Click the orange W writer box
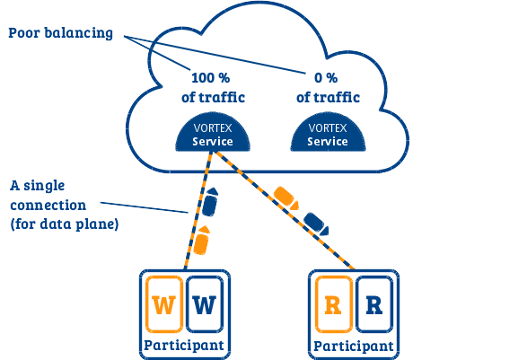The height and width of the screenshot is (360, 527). pos(164,304)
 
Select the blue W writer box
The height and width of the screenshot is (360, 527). pos(205,304)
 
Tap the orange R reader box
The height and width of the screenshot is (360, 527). pos(334,304)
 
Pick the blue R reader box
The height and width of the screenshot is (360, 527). pos(374,304)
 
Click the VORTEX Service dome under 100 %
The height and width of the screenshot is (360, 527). pos(213,133)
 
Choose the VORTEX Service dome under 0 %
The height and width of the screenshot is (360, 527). pos(328,133)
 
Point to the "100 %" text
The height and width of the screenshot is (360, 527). pos(211,78)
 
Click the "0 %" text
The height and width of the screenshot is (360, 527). pos(326,78)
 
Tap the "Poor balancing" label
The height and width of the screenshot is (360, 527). pos(60,33)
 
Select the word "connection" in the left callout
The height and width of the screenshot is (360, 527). pos(48,205)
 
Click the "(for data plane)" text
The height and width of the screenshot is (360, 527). pos(65,224)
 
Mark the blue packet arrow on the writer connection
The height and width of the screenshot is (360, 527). pos(210,202)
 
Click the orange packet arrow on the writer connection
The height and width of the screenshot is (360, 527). pos(202,241)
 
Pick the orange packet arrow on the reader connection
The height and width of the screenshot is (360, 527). pos(286,198)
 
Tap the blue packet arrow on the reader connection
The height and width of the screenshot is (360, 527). pos(316,224)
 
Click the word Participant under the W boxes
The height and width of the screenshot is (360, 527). pos(184,346)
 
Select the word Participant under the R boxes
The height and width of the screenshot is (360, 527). pos(353,346)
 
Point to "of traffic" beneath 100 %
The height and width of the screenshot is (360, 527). pos(213,98)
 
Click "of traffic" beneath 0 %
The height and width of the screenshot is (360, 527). pos(328,98)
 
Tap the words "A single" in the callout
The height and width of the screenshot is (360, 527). pos(38,186)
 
